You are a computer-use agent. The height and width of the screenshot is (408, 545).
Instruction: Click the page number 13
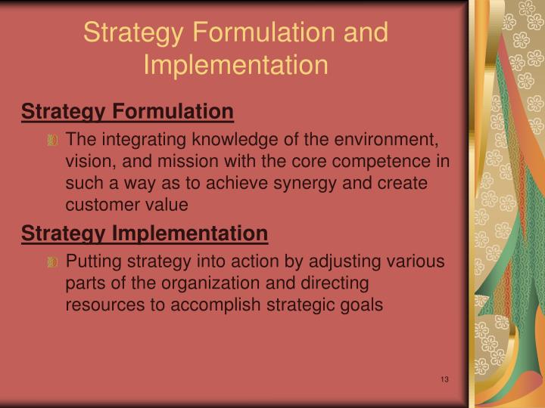coord(444,379)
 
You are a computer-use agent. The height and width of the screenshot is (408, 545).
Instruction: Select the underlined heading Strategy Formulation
coord(127,112)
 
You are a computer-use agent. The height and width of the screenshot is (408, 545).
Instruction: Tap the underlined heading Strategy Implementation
coord(145,234)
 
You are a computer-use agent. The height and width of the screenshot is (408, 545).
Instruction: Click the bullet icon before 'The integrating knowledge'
coord(52,141)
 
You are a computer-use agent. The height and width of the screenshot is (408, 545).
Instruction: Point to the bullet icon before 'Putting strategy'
coord(52,263)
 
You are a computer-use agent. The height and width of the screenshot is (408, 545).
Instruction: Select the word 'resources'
coord(101,305)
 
